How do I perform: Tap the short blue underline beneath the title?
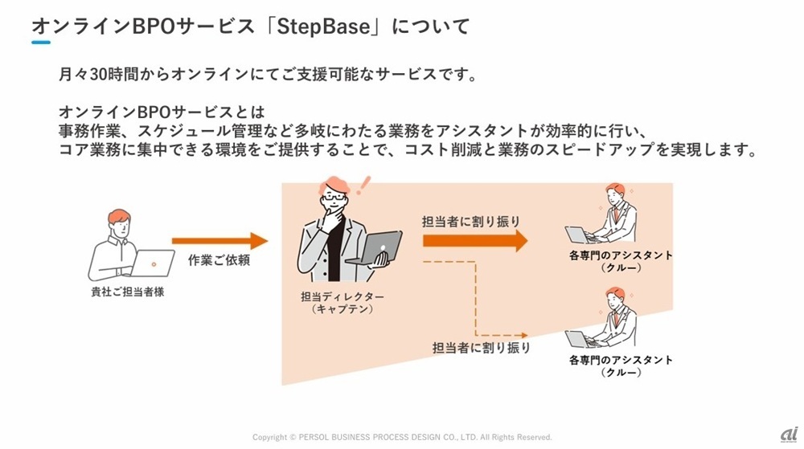[x=41, y=43]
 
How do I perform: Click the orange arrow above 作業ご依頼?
[x=219, y=240]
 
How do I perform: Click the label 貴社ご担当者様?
[x=128, y=292]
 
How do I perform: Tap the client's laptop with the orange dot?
[x=153, y=263]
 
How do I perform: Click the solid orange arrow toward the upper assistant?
[x=474, y=240]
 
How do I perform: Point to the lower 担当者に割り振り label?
[x=482, y=348]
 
